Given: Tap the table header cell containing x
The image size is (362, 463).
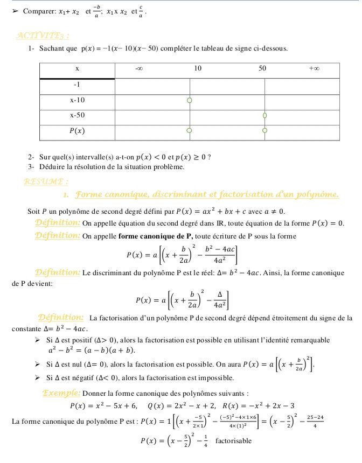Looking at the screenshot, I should tap(77, 69).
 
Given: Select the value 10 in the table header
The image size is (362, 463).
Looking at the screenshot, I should tap(197, 69).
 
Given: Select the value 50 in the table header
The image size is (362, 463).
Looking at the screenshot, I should tap(262, 69).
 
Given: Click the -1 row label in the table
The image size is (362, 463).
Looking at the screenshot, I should tap(77, 85).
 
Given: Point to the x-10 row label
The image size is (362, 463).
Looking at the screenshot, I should tap(77, 100).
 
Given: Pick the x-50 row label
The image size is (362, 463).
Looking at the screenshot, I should tap(77, 115).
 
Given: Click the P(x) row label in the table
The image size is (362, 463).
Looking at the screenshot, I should tap(77, 130).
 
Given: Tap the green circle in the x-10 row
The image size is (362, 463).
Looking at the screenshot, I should tap(189, 100).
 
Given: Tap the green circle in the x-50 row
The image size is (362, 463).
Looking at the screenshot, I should tap(264, 115).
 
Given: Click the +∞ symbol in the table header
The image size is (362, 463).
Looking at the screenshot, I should tap(315, 69).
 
